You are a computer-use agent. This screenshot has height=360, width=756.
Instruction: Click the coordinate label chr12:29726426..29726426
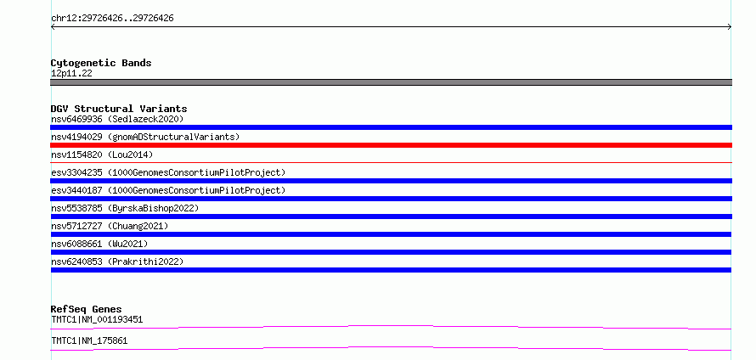[x=112, y=19]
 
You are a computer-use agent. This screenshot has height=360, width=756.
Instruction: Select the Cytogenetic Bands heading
[x=101, y=63]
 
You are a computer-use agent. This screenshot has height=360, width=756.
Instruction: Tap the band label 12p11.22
[x=71, y=74]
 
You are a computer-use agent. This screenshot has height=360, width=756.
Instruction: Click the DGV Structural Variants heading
[x=119, y=109]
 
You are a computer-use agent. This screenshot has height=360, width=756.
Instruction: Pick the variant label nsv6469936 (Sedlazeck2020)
[x=117, y=119]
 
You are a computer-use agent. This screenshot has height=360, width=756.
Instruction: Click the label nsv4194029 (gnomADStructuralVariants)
[x=145, y=137]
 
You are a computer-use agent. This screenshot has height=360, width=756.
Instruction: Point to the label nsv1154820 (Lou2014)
[x=102, y=155]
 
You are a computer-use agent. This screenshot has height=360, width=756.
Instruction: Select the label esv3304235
[x=76, y=172]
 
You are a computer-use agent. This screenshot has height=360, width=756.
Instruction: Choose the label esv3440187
[x=76, y=190]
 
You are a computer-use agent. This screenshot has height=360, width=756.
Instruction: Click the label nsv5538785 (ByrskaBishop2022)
[x=125, y=208]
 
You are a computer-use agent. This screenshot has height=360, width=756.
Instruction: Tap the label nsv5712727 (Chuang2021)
[x=110, y=226]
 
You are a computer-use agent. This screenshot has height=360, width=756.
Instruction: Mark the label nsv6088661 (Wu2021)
[x=99, y=244]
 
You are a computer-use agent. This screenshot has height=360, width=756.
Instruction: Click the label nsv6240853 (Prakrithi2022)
[x=117, y=262]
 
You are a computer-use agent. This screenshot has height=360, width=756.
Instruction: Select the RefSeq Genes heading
[x=87, y=309]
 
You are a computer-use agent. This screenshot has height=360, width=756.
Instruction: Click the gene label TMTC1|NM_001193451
[x=97, y=319]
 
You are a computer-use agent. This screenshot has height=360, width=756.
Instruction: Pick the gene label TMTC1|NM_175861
[x=89, y=340]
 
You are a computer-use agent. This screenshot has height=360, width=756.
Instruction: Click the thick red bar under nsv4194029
[x=391, y=145]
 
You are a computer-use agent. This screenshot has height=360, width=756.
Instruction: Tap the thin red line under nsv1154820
[x=391, y=163]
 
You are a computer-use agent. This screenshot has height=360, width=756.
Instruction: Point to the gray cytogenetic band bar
[x=391, y=82]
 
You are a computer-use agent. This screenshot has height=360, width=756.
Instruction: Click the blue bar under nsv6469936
[x=391, y=127]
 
